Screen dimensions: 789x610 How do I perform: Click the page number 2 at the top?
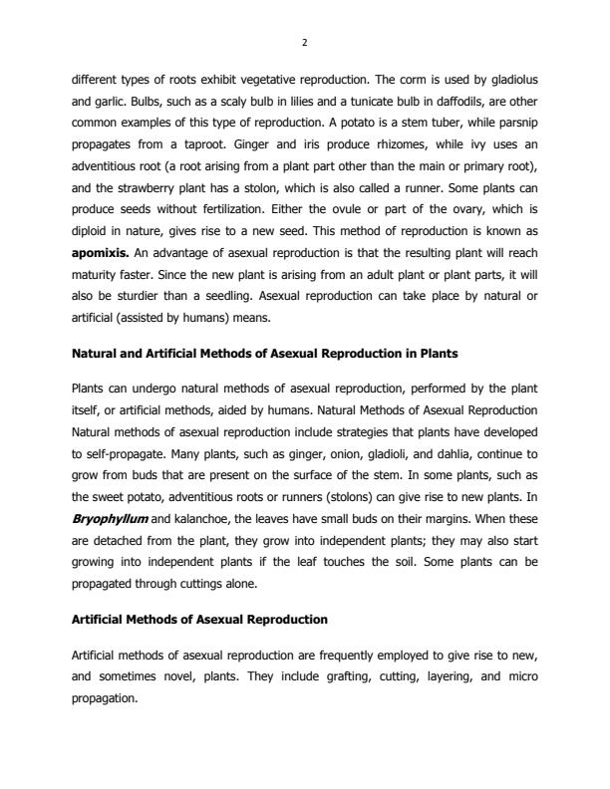305,42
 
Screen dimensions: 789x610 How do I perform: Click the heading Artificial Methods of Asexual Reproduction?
199,620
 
